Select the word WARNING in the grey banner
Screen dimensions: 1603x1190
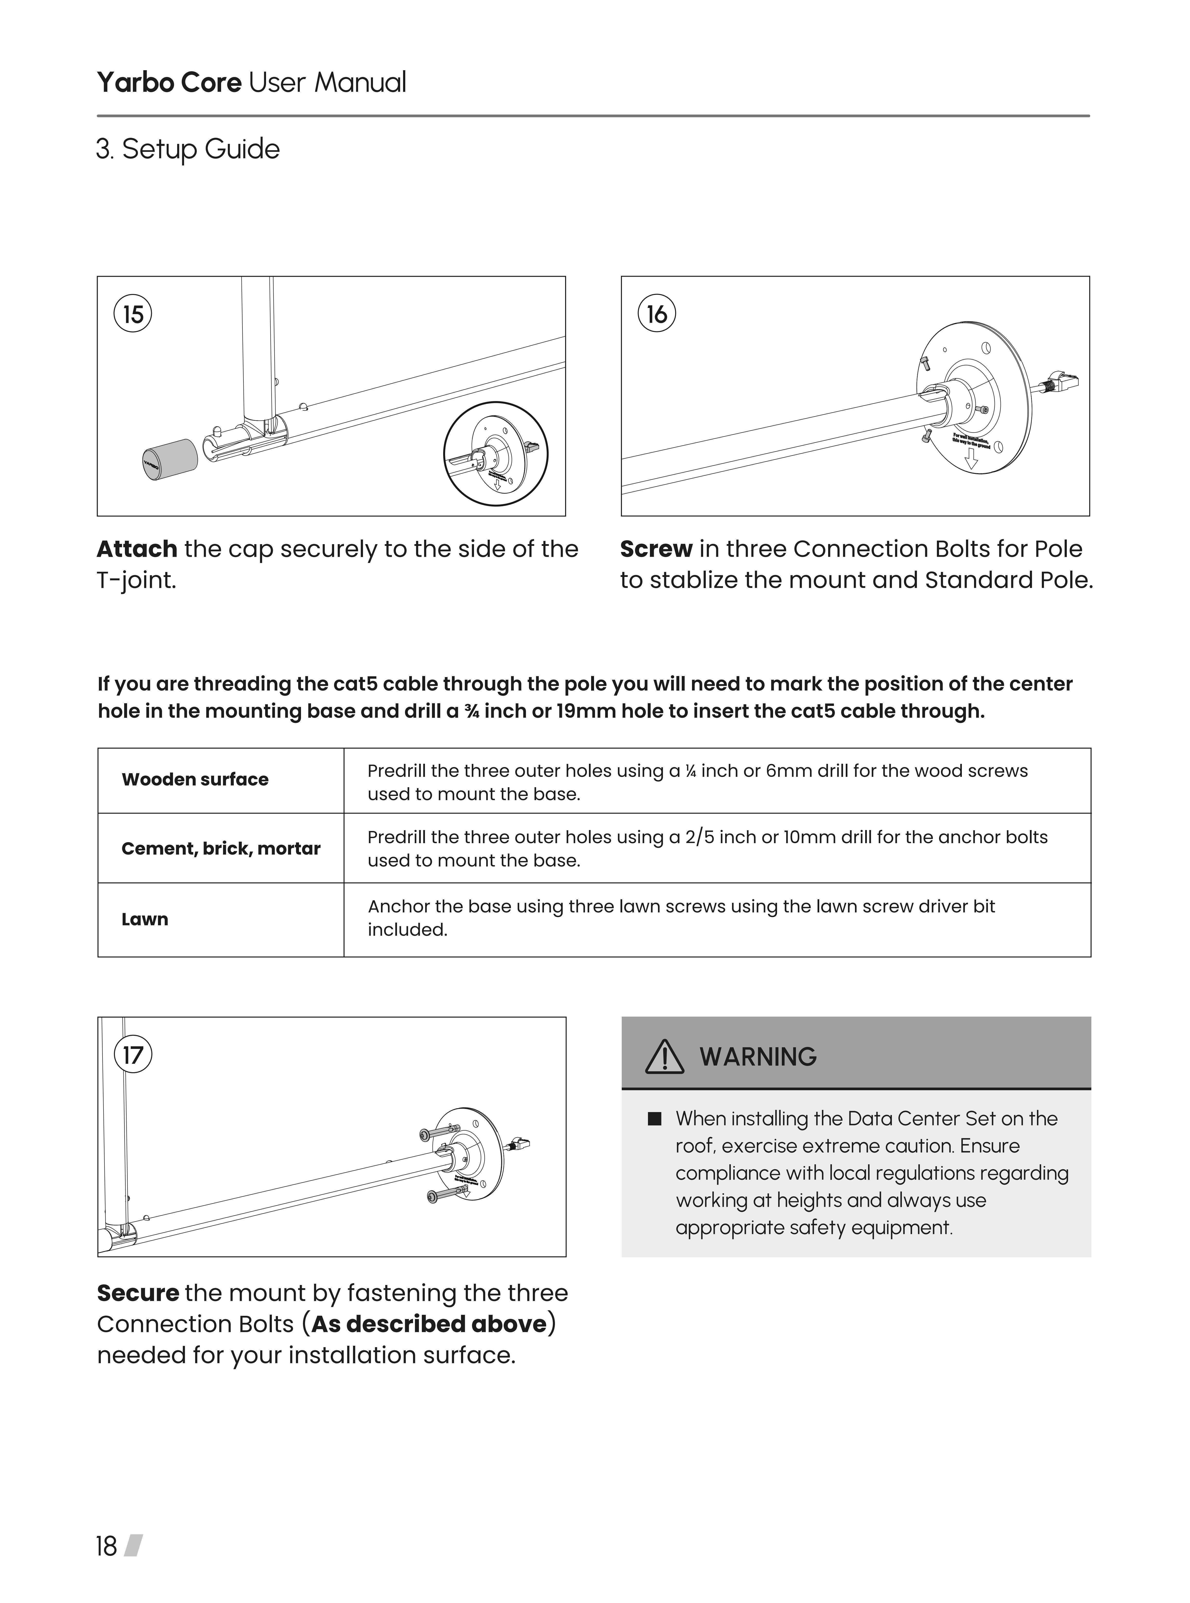pyautogui.click(x=758, y=1057)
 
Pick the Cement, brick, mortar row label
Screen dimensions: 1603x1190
pyautogui.click(x=220, y=849)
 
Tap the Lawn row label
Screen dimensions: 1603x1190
pyautogui.click(x=145, y=920)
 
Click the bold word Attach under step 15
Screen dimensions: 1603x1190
pyautogui.click(x=137, y=549)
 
